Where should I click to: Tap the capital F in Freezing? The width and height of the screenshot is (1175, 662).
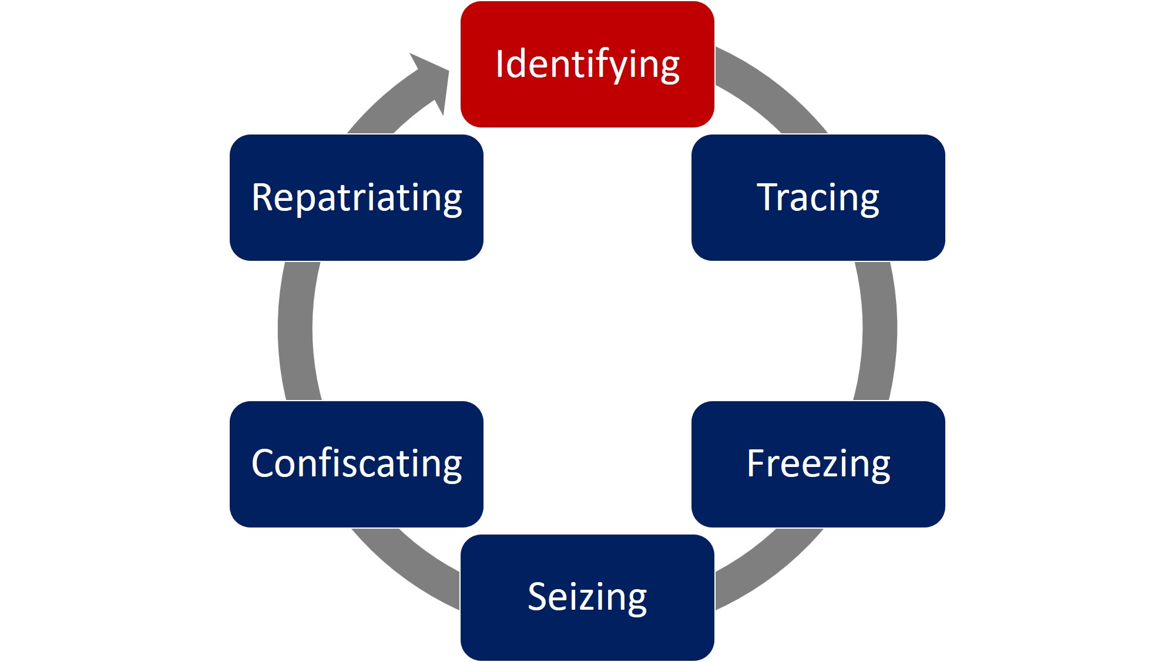756,463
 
